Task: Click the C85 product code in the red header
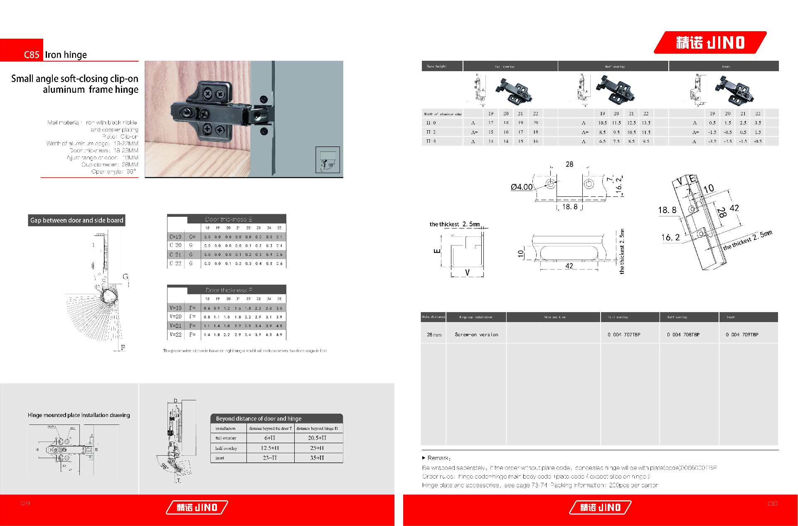pyautogui.click(x=32, y=55)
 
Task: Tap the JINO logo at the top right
pyautogui.click(x=710, y=42)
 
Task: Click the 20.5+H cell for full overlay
pyautogui.click(x=317, y=438)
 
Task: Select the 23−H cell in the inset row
pyautogui.click(x=270, y=458)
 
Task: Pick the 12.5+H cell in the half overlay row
pyautogui.click(x=270, y=448)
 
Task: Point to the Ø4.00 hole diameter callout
pyautogui.click(x=522, y=187)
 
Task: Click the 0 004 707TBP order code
pyautogui.click(x=624, y=335)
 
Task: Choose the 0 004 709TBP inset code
pyautogui.click(x=742, y=335)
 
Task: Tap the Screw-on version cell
pyautogui.click(x=476, y=335)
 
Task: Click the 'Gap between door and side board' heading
pyautogui.click(x=77, y=220)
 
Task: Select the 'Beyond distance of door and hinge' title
pyautogui.click(x=259, y=419)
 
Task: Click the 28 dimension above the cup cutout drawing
pyautogui.click(x=569, y=164)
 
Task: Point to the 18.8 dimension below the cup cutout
pyautogui.click(x=570, y=207)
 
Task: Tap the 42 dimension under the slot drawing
pyautogui.click(x=569, y=266)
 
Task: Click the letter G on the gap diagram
pyautogui.click(x=125, y=277)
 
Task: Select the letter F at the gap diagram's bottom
pyautogui.click(x=123, y=347)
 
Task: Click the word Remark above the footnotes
pyautogui.click(x=438, y=458)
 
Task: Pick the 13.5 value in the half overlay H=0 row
pyautogui.click(x=646, y=123)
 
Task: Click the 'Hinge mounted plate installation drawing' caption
pyautogui.click(x=79, y=415)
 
